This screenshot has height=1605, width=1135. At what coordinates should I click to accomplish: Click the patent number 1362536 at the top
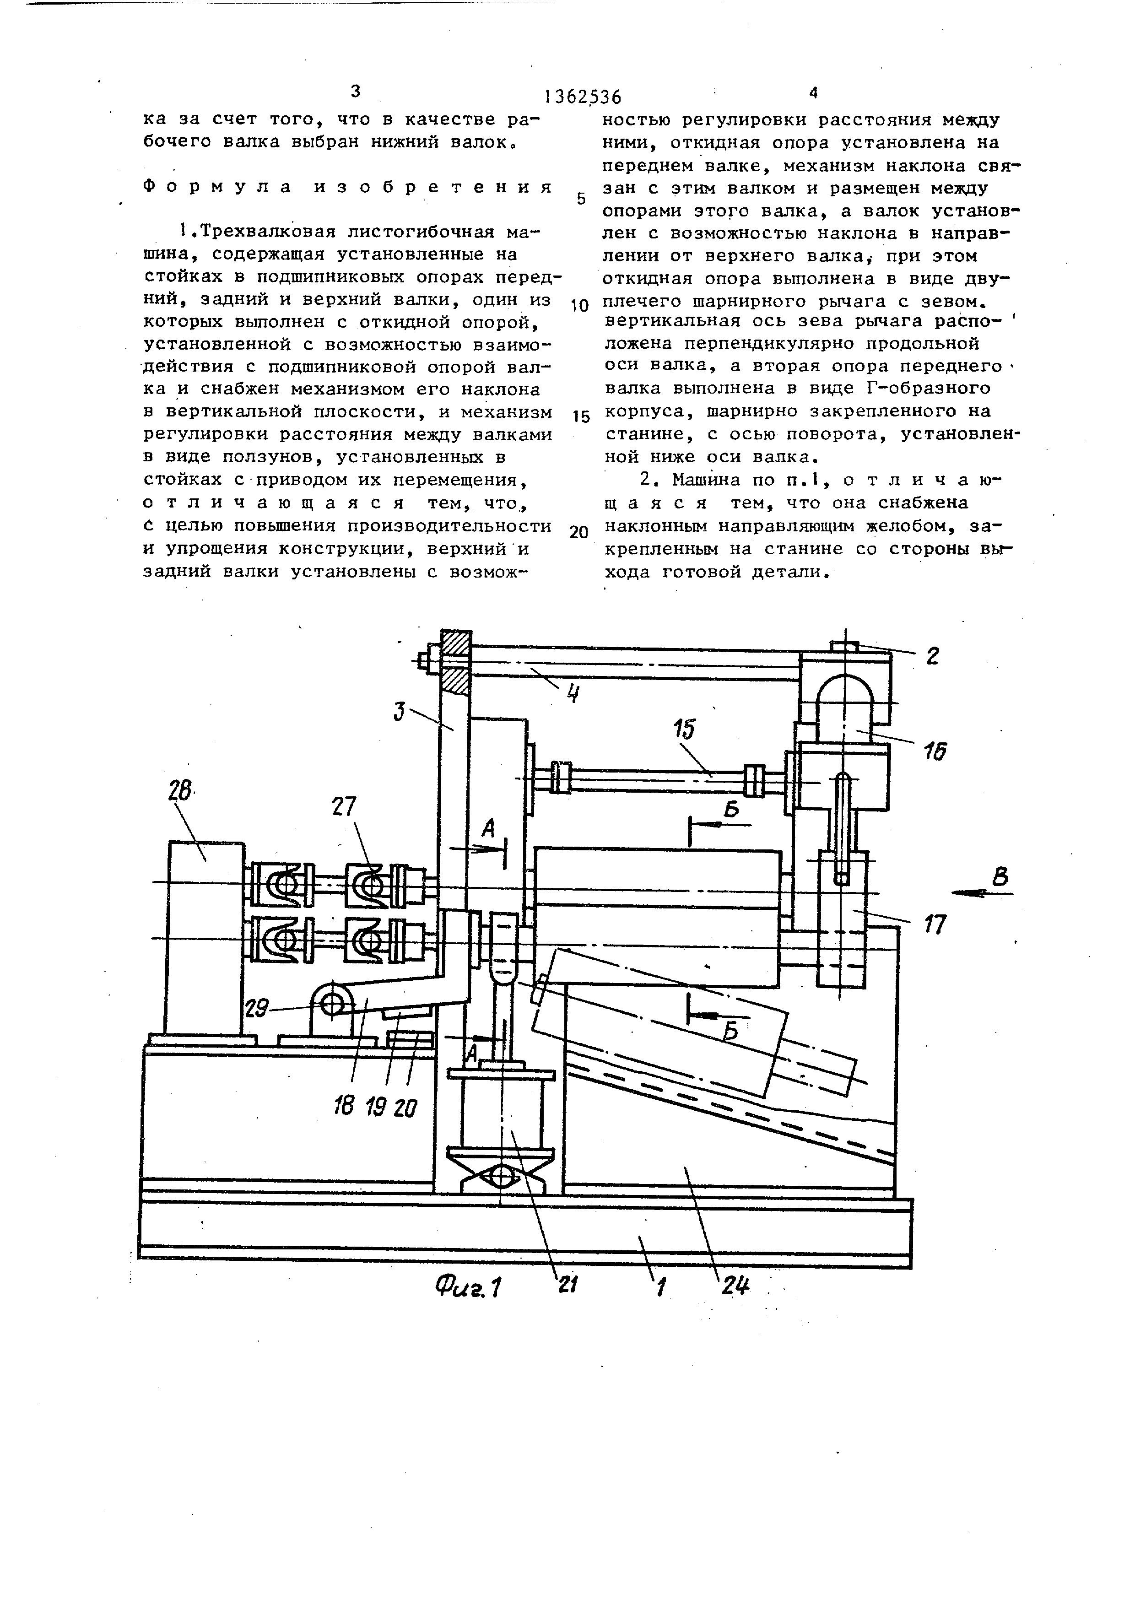[583, 97]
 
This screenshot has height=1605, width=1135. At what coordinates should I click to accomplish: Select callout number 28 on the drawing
[179, 793]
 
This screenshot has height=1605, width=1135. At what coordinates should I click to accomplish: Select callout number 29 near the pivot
[257, 1009]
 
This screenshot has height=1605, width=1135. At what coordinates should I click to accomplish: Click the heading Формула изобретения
[348, 187]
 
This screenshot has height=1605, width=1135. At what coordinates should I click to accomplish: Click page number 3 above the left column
[355, 92]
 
